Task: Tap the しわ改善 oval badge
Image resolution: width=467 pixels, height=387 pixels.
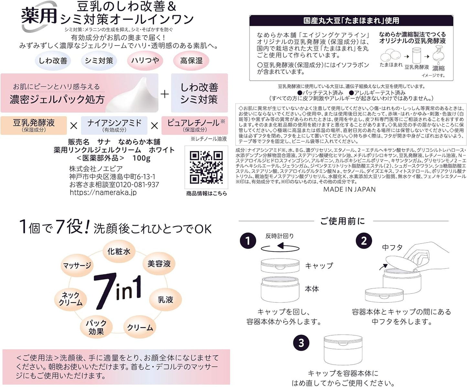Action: [53, 61]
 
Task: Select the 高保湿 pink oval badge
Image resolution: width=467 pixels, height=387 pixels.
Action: [191, 61]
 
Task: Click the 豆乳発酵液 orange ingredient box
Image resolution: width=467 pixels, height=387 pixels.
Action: [34, 125]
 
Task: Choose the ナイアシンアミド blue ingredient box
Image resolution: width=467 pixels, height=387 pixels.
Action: [114, 125]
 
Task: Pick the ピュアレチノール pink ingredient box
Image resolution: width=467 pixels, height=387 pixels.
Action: [195, 125]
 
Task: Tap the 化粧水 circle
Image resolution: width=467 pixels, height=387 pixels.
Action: [119, 251]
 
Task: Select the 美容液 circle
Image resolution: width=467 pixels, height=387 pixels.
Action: [159, 264]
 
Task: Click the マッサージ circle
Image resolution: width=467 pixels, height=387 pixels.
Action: [77, 266]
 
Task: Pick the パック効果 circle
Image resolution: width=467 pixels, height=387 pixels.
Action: [96, 327]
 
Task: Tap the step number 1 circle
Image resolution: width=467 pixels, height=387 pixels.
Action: [248, 241]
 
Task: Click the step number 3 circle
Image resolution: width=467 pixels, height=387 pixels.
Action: [301, 343]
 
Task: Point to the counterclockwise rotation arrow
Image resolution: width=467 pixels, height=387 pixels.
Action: [280, 247]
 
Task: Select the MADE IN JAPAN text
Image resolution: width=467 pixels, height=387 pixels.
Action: [349, 189]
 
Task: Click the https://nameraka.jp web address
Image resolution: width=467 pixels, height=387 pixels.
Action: [103, 192]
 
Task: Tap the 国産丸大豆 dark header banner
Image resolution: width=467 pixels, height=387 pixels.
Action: [351, 21]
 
